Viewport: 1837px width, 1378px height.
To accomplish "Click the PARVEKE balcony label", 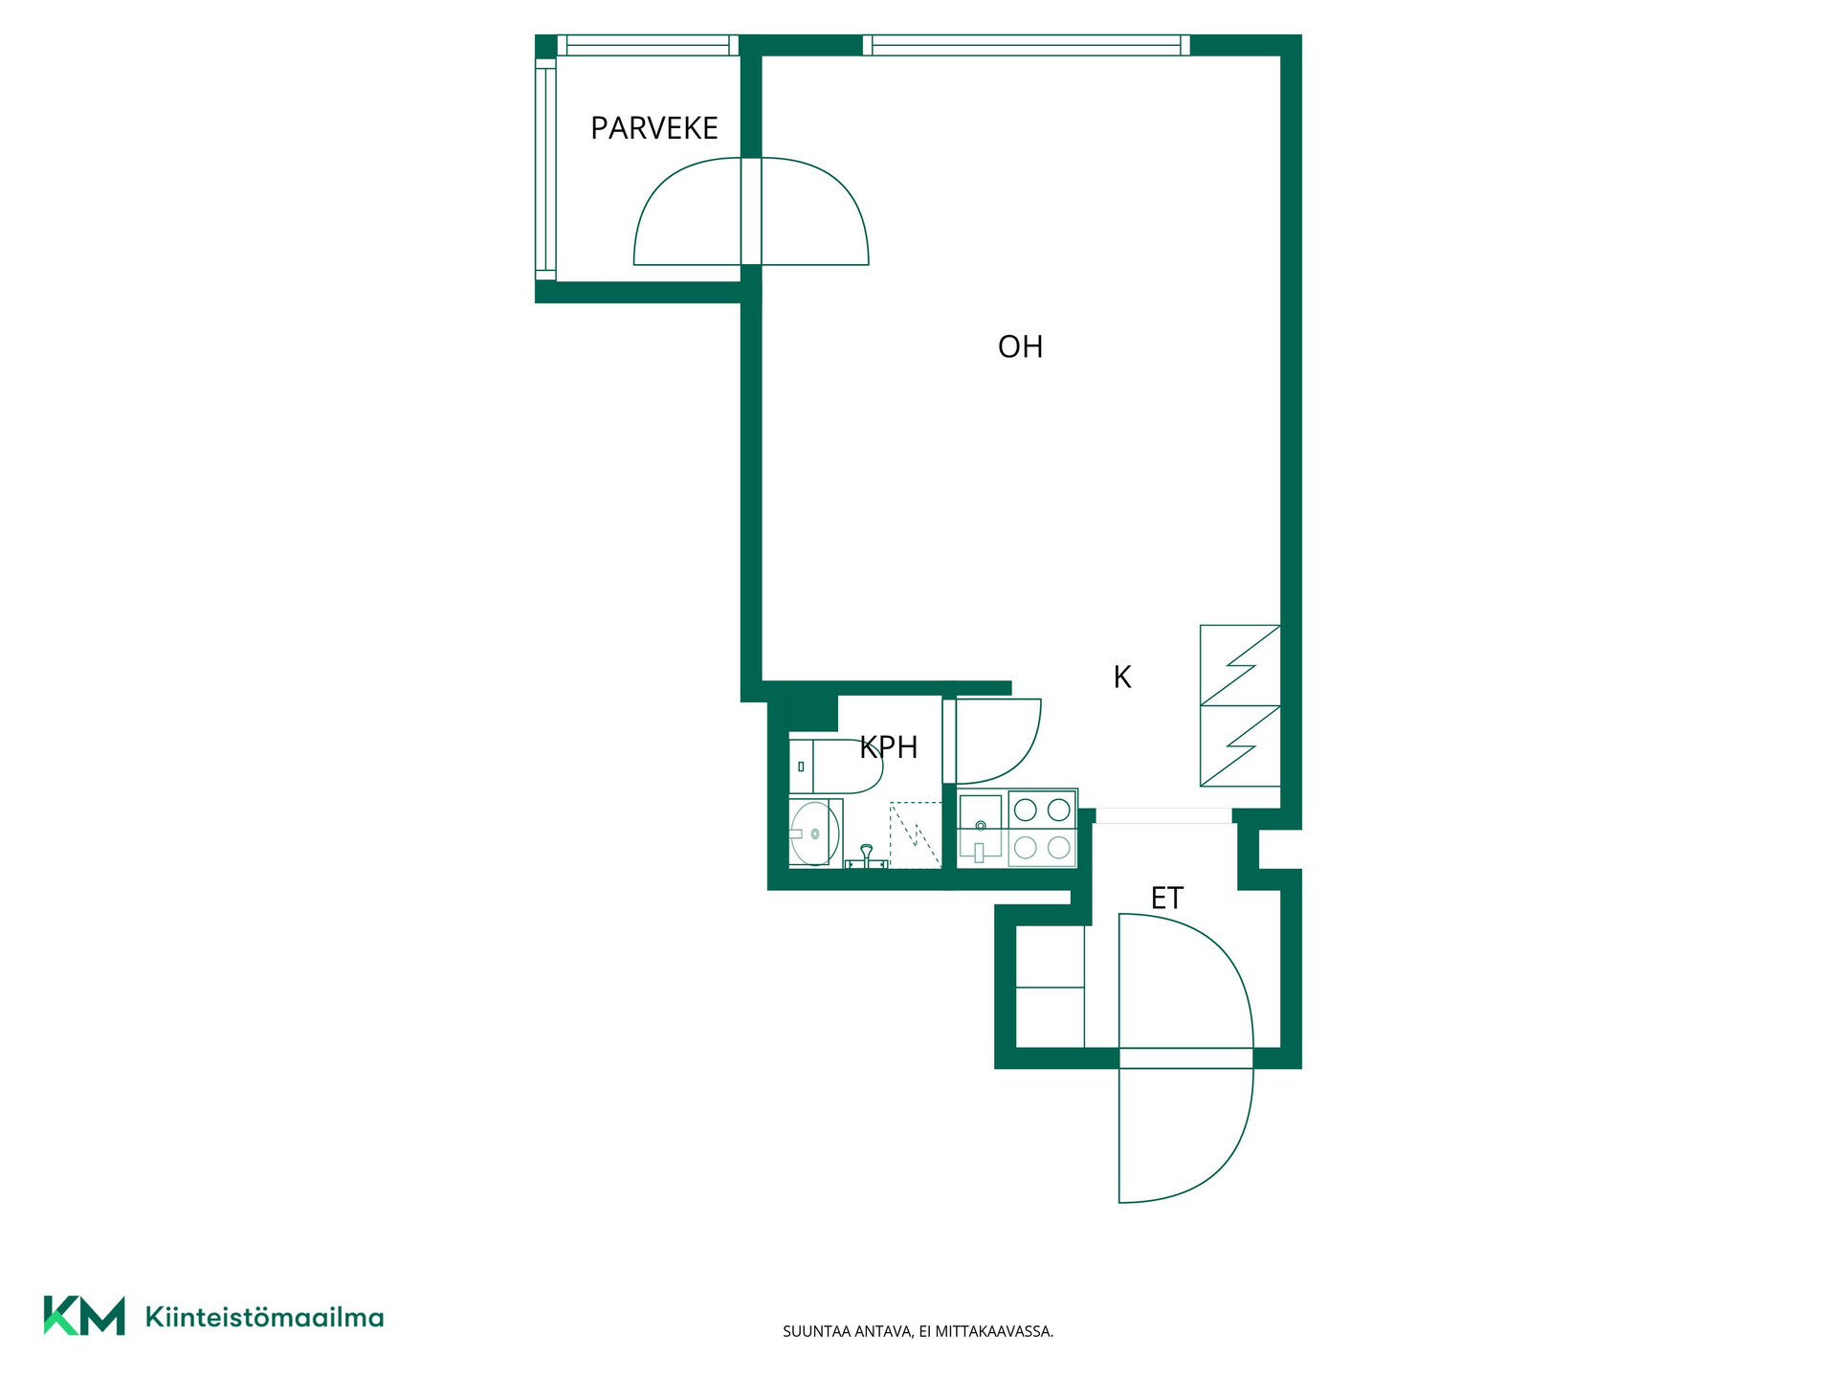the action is pyautogui.click(x=654, y=128).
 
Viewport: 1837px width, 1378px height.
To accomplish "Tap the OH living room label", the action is pyautogui.click(x=1020, y=346).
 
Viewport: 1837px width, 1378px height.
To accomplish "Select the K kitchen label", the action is pyautogui.click(x=1122, y=678).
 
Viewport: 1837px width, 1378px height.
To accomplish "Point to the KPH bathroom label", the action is pyautogui.click(x=889, y=747).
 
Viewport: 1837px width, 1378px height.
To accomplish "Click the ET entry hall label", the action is pyautogui.click(x=1167, y=899).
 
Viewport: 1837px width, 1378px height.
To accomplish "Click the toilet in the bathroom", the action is pyautogui.click(x=834, y=767).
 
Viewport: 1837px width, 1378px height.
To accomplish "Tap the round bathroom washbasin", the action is pyautogui.click(x=814, y=833).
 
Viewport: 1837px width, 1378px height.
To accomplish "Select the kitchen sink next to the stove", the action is pyautogui.click(x=981, y=829).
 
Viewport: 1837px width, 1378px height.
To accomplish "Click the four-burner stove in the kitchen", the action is pyautogui.click(x=1042, y=829).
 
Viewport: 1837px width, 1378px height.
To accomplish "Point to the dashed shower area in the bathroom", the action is pyautogui.click(x=916, y=835).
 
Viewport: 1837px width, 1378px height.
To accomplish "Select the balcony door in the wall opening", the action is pyautogui.click(x=751, y=211).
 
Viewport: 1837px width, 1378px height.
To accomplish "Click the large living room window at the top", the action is pyautogui.click(x=1026, y=45).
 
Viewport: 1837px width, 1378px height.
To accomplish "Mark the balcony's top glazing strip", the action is pyautogui.click(x=648, y=45).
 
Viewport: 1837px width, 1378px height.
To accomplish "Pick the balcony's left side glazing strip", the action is pyautogui.click(x=545, y=168).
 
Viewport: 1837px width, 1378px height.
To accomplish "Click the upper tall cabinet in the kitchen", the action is pyautogui.click(x=1240, y=665).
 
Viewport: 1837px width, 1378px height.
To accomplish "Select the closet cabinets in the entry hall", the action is pyautogui.click(x=1050, y=987).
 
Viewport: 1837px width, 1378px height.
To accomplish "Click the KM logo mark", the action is pyautogui.click(x=84, y=1315).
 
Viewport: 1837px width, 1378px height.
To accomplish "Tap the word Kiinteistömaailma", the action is pyautogui.click(x=264, y=1317).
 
